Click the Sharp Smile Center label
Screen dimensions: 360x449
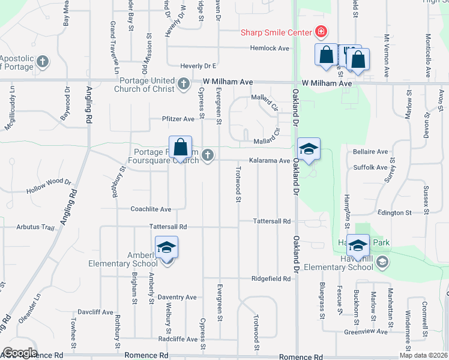pos(276,32)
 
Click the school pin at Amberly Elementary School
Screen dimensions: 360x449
pos(167,248)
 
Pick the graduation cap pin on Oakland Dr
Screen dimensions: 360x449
pos(309,150)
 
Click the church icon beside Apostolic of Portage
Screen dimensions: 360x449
pos(43,62)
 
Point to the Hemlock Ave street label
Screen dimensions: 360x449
pos(270,48)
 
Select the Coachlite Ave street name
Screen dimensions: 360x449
pos(151,209)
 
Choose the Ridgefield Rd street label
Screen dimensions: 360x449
pos(271,279)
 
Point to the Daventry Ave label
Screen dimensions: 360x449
pos(176,297)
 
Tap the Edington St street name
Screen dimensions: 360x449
pos(394,212)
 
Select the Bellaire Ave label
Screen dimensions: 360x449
pos(370,152)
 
